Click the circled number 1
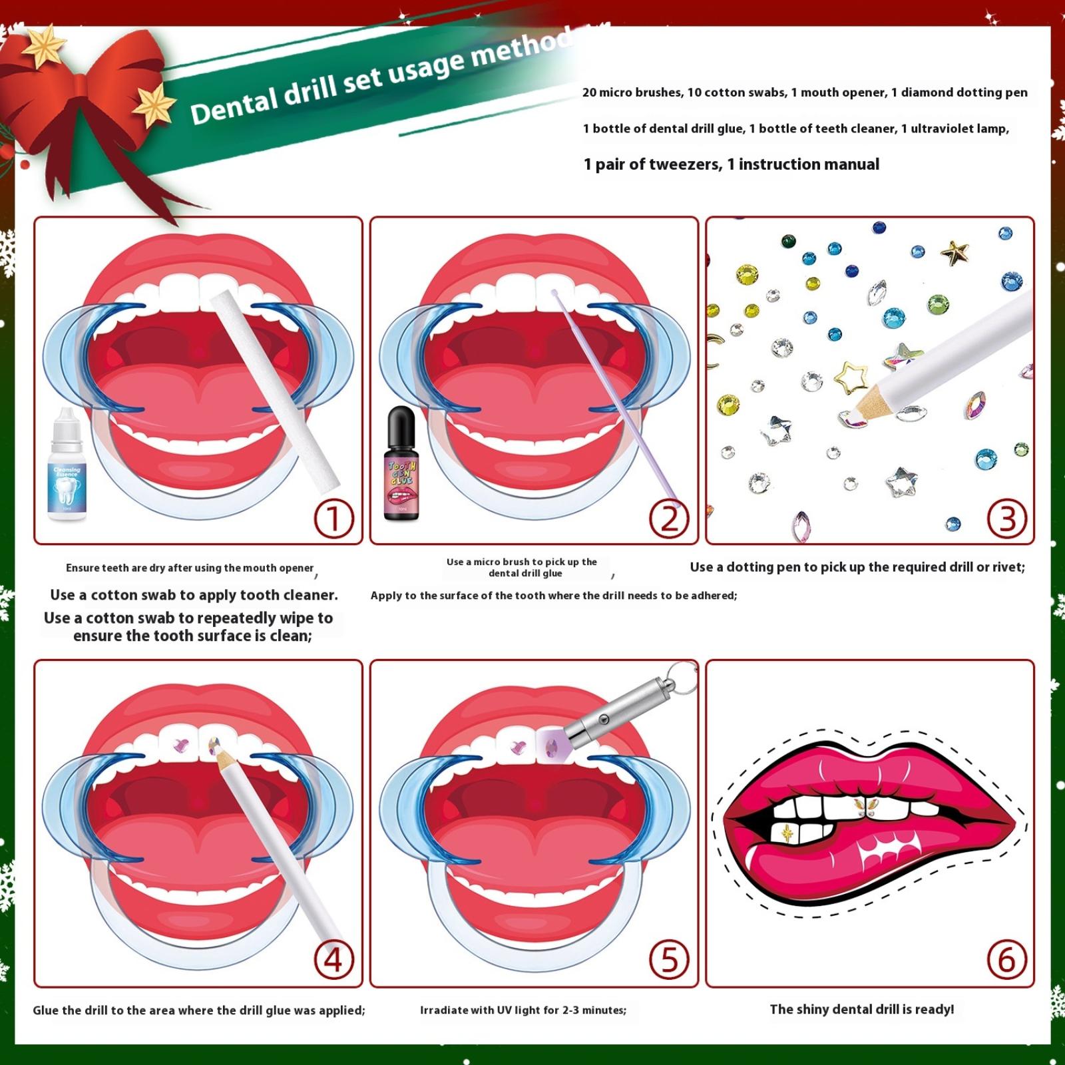point(333,519)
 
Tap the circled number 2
point(669,519)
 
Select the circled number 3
point(1006,519)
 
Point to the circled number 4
point(333,960)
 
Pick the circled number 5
point(669,960)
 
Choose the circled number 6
point(1006,960)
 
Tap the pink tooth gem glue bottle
point(401,465)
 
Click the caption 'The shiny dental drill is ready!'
point(862,1009)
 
